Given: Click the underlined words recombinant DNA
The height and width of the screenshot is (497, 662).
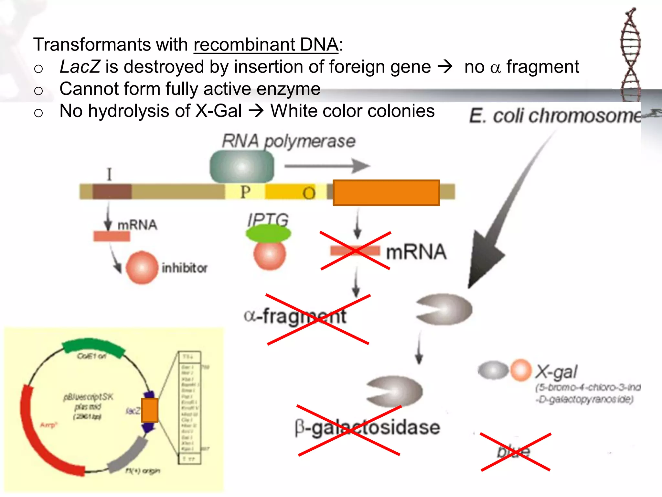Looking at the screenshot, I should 266,45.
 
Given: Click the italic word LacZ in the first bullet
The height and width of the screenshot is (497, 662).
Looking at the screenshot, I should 80,67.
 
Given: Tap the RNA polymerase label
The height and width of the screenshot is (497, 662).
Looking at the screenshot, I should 288,141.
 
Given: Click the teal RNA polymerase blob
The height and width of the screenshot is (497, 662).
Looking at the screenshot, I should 242,167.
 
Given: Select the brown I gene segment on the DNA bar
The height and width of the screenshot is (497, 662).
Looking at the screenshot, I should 112,192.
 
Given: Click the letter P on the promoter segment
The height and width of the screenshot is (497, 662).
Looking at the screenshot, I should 245,192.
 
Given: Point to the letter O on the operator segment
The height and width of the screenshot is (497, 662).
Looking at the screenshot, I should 309,193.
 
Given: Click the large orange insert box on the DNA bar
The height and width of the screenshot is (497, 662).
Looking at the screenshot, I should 386,193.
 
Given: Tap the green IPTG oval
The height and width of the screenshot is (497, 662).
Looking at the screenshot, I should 268,234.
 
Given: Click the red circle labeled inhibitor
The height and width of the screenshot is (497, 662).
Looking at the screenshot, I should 142,268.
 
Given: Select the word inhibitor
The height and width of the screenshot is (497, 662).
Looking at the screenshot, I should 184,268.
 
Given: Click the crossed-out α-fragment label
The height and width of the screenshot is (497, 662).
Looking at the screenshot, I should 295,316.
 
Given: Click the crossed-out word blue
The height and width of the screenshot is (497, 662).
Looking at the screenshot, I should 514,452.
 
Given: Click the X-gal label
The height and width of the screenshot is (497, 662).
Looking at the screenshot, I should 556,372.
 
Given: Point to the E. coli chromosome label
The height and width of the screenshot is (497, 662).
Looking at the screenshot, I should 555,116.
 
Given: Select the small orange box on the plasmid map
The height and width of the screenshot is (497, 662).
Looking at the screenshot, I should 150,410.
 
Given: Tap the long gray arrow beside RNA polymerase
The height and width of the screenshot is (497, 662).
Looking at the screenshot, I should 326,166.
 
